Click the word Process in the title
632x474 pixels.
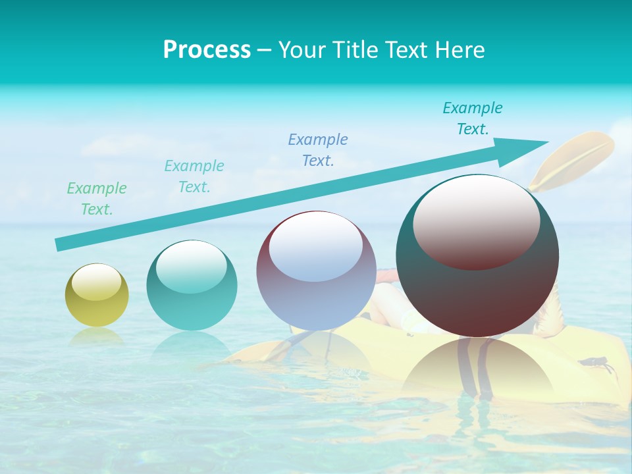coord(207,50)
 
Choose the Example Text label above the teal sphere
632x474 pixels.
coord(194,176)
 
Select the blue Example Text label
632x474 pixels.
coord(318,149)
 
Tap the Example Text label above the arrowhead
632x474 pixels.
coord(473,118)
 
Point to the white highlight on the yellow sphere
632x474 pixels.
coord(97,282)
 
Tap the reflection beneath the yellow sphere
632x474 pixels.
coord(97,336)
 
